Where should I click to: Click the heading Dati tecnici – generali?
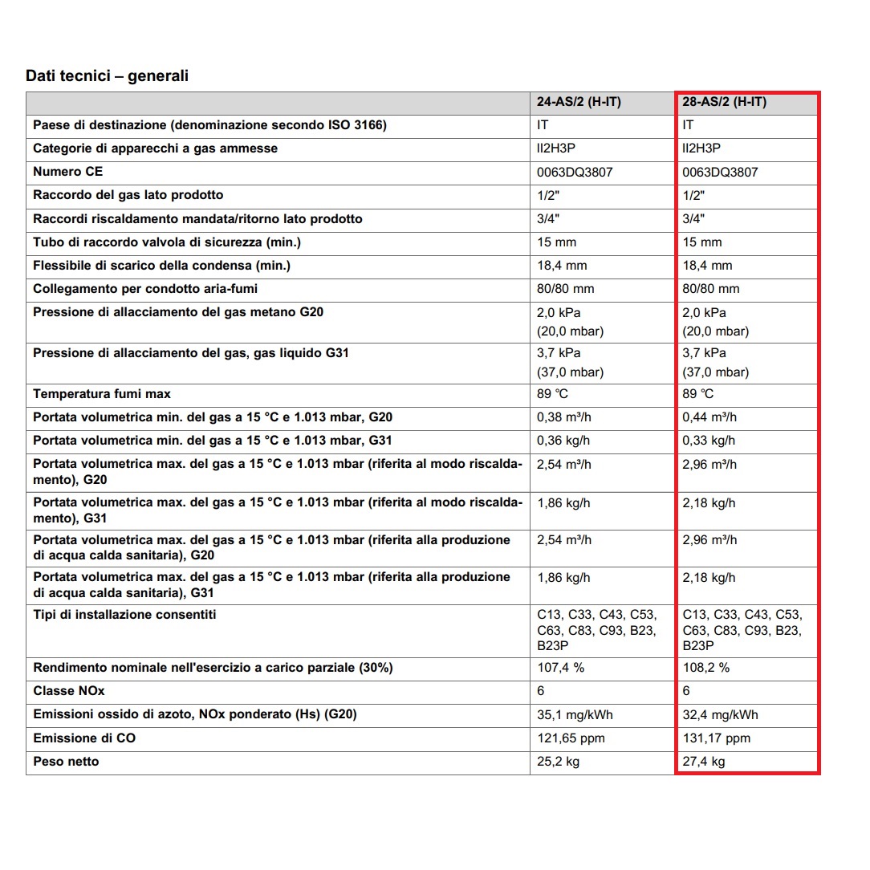click(x=108, y=76)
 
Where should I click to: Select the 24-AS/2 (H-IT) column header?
click(x=579, y=103)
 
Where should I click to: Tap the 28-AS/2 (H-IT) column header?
click(x=725, y=103)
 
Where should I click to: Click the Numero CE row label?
click(x=68, y=172)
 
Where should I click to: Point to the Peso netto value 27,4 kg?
click(x=704, y=762)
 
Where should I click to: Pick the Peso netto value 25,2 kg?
click(x=559, y=762)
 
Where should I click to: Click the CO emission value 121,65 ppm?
click(x=571, y=738)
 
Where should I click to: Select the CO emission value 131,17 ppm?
click(x=717, y=738)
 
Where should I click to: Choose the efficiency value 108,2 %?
click(x=706, y=668)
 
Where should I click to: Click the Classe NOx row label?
click(x=69, y=691)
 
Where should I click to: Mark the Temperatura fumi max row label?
click(x=102, y=394)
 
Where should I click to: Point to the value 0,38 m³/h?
click(x=564, y=417)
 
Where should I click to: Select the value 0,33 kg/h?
click(x=709, y=441)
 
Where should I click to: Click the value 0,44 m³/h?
click(x=709, y=417)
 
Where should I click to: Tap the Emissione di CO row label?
click(x=84, y=738)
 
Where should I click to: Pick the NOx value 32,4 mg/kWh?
click(x=720, y=714)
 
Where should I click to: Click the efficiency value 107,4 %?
click(x=561, y=668)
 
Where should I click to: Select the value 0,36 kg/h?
click(x=563, y=441)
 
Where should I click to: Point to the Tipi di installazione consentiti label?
click(x=124, y=615)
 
